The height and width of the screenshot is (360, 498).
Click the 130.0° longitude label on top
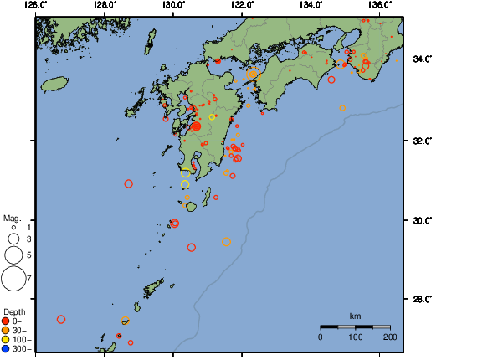click(x=172, y=5)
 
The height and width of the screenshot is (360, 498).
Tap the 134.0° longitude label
click(x=311, y=5)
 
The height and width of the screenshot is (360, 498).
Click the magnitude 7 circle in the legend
click(x=13, y=277)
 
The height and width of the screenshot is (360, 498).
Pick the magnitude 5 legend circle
click(x=13, y=255)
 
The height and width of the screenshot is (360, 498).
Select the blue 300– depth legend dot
click(x=6, y=348)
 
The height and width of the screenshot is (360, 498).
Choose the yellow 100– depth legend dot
click(x=6, y=339)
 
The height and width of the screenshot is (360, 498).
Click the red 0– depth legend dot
click(x=6, y=321)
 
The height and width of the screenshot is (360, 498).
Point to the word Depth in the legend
click(x=14, y=311)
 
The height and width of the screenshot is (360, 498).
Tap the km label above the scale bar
click(x=355, y=316)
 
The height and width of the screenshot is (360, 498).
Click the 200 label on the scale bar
click(x=390, y=337)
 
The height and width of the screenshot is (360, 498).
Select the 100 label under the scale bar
click(x=355, y=337)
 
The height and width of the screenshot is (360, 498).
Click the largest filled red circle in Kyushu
click(x=196, y=126)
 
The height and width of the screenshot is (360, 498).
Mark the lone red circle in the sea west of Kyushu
click(x=129, y=183)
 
